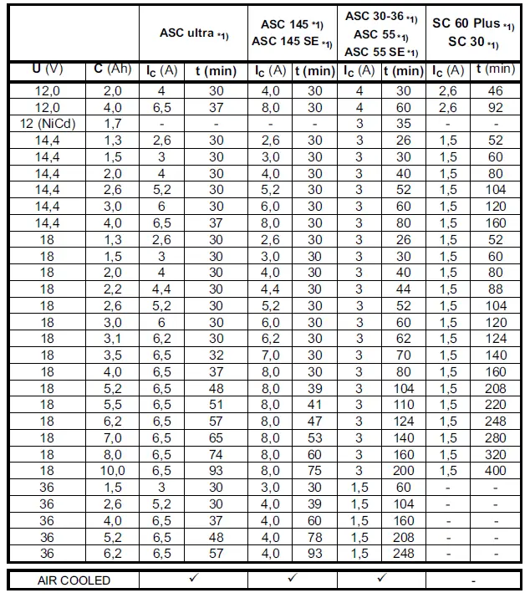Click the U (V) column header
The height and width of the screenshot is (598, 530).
pyautogui.click(x=47, y=69)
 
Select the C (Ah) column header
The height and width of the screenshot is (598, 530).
pyautogui.click(x=113, y=69)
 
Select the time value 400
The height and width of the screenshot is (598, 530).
pyautogui.click(x=495, y=470)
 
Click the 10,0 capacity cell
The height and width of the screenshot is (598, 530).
pyautogui.click(x=113, y=470)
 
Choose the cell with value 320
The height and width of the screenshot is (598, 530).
pyautogui.click(x=495, y=456)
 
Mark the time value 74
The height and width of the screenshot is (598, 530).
pyautogui.click(x=216, y=456)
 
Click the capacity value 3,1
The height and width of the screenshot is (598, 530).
pyautogui.click(x=113, y=339)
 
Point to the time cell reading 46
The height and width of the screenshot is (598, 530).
pyautogui.click(x=495, y=90)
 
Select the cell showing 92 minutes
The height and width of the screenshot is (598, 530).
pyautogui.click(x=495, y=107)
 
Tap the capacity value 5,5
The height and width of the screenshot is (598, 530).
pyautogui.click(x=113, y=403)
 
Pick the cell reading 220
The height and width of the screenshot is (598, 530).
pyautogui.click(x=495, y=403)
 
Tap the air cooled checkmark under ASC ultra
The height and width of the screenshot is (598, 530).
pyautogui.click(x=193, y=579)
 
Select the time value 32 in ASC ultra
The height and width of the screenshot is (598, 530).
pyautogui.click(x=216, y=355)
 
